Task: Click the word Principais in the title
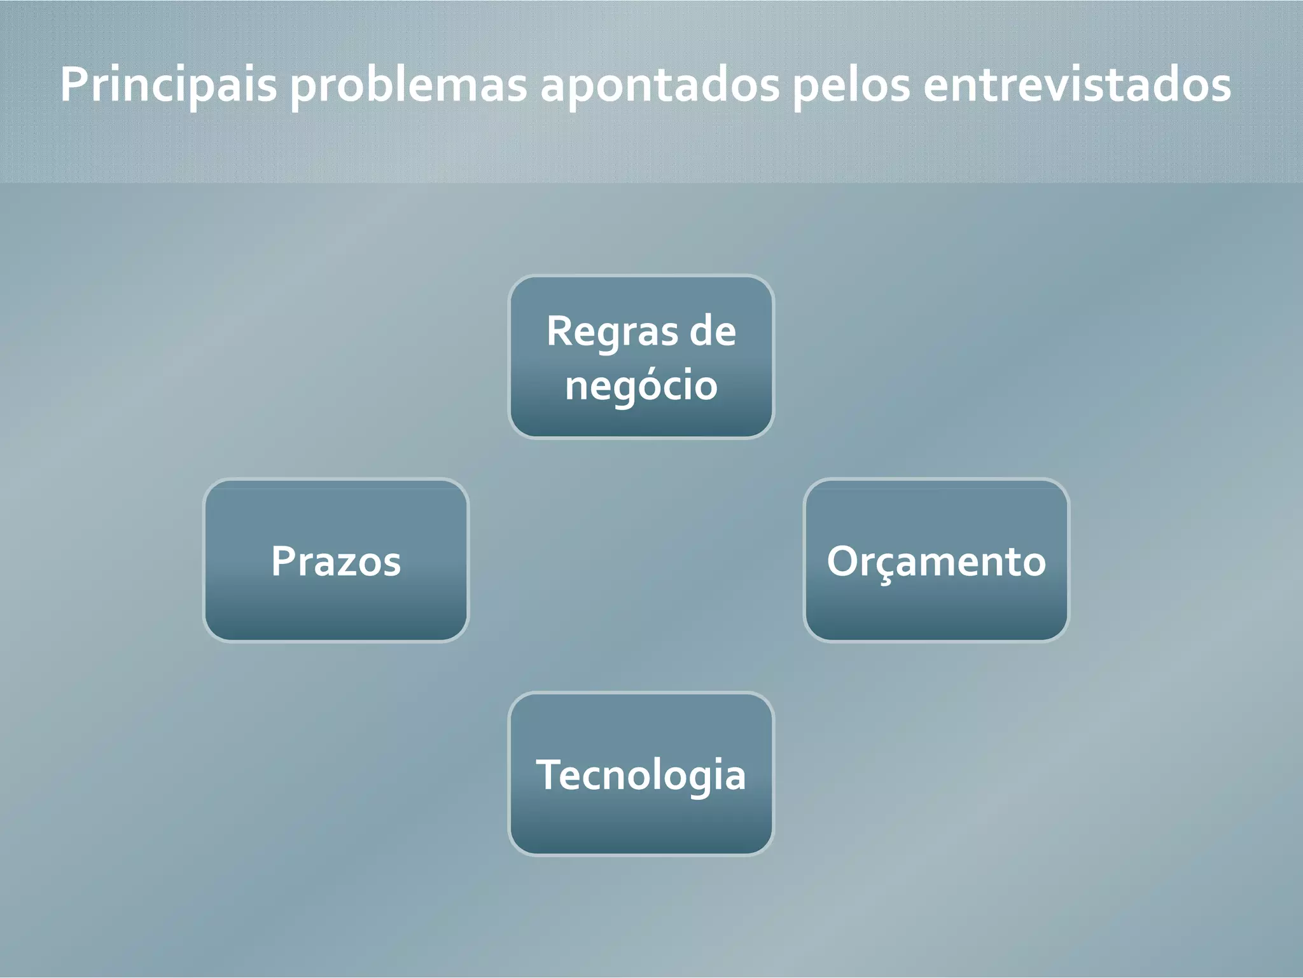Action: coord(169,85)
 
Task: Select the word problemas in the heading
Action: coord(409,85)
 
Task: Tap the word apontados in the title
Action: coord(660,85)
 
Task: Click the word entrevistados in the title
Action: coord(1077,85)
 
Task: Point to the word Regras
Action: coord(603,332)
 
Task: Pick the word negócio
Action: coord(641,385)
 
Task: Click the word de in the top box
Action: coord(713,332)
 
